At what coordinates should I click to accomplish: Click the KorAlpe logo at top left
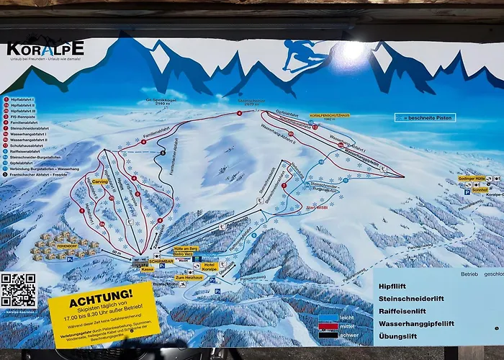[x=45, y=49]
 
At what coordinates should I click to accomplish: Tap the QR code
[x=18, y=290]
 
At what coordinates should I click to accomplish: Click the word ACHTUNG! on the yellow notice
[x=101, y=294]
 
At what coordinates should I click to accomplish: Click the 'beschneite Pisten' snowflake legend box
[x=425, y=117]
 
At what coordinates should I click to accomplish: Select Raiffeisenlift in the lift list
[x=406, y=311]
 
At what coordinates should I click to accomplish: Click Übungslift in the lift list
[x=401, y=336]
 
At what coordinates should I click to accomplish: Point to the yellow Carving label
[x=99, y=181]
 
